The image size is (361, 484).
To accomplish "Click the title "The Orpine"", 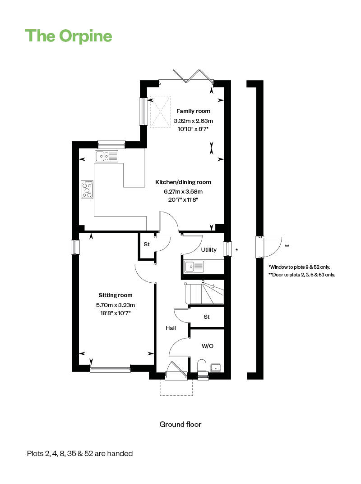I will pyautogui.click(x=69, y=36).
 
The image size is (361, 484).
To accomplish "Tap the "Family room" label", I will pyautogui.click(x=193, y=111).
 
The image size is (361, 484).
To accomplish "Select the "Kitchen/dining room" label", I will pyautogui.click(x=183, y=182).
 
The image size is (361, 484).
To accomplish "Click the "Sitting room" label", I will pyautogui.click(x=116, y=295).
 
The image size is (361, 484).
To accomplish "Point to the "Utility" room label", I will pyautogui.click(x=209, y=249).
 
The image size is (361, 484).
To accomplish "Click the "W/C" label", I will pyautogui.click(x=208, y=346).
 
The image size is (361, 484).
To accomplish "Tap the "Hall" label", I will pyautogui.click(x=171, y=328).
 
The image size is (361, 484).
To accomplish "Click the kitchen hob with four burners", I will pyautogui.click(x=87, y=190).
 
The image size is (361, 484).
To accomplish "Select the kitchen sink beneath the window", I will pyautogui.click(x=106, y=156).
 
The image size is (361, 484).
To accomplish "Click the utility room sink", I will pyautogui.click(x=195, y=267).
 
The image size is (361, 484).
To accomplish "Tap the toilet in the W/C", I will pyautogui.click(x=202, y=365).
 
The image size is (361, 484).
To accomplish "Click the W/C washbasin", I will pyautogui.click(x=216, y=367).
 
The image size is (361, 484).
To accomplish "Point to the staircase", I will pyautogui.click(x=204, y=293).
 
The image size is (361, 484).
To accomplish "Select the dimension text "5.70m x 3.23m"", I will pyautogui.click(x=116, y=305).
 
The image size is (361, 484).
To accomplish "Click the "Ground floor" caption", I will pyautogui.click(x=180, y=424).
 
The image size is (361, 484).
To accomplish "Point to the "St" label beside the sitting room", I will pyautogui.click(x=147, y=244).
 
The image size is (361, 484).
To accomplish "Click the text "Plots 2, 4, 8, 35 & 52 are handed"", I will pyautogui.click(x=80, y=453).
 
